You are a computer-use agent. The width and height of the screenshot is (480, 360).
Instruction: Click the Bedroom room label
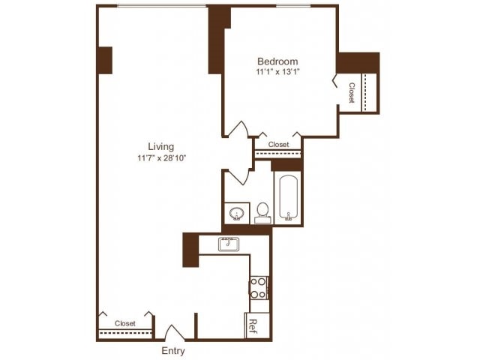click(x=277, y=61)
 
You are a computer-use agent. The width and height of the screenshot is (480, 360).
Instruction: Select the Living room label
click(x=160, y=146)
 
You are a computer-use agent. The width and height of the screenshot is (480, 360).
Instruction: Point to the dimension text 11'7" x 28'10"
click(x=160, y=158)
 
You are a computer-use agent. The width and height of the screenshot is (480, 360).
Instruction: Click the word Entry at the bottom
click(x=172, y=351)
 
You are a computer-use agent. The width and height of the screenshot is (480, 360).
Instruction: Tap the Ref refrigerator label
click(x=253, y=325)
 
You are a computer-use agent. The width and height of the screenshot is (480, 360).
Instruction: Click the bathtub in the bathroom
click(x=289, y=198)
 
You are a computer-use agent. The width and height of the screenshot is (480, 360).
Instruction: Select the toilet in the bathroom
click(x=262, y=211)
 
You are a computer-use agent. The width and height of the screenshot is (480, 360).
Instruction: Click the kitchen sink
click(x=228, y=244)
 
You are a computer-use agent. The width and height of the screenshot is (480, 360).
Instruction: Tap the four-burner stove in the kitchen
click(x=258, y=288)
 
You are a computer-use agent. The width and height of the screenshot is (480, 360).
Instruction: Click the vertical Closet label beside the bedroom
click(x=352, y=93)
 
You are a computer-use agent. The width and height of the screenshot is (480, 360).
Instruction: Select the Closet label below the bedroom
click(x=278, y=145)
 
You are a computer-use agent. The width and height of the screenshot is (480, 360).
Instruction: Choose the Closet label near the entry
click(x=125, y=323)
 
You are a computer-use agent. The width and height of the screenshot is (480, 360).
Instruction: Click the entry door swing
click(x=174, y=333)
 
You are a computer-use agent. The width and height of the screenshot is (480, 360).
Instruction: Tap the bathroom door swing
click(x=239, y=177)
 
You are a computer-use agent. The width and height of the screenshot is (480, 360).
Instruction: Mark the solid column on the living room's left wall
click(x=104, y=60)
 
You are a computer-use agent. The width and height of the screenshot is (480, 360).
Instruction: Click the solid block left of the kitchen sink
click(x=190, y=250)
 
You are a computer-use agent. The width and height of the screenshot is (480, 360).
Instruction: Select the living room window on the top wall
click(x=162, y=6)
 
